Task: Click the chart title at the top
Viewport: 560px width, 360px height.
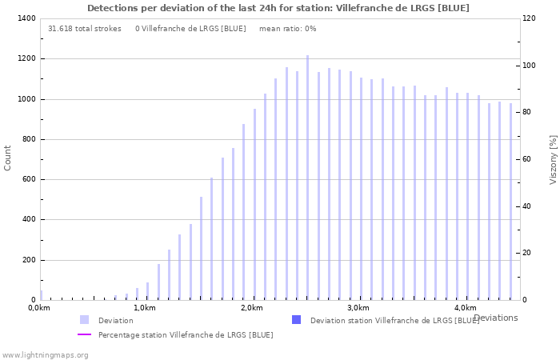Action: pyautogui.click(x=278, y=8)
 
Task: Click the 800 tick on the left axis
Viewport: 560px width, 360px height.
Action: pyautogui.click(x=28, y=139)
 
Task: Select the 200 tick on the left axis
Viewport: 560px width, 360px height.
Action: pyautogui.click(x=28, y=260)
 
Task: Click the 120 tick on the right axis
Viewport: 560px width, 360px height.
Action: pyautogui.click(x=529, y=18)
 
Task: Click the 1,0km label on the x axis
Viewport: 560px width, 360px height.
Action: pyautogui.click(x=144, y=308)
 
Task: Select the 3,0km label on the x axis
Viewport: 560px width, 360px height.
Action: pyautogui.click(x=358, y=308)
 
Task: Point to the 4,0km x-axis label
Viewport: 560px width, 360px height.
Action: pyautogui.click(x=465, y=308)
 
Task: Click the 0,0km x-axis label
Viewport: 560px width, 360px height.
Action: pyautogui.click(x=38, y=308)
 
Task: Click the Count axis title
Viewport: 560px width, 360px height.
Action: pyautogui.click(x=8, y=158)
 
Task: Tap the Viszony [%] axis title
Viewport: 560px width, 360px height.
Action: pyautogui.click(x=553, y=159)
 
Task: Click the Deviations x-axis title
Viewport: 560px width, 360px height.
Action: pyautogui.click(x=495, y=318)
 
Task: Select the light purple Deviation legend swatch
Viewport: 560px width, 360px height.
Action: pyautogui.click(x=84, y=320)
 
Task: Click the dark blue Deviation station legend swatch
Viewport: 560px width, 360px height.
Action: pyautogui.click(x=296, y=320)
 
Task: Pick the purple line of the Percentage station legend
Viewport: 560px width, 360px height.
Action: pyautogui.click(x=84, y=334)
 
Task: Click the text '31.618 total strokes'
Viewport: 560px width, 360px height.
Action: pyautogui.click(x=85, y=29)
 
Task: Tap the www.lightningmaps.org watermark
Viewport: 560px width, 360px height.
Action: pyautogui.click(x=46, y=354)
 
